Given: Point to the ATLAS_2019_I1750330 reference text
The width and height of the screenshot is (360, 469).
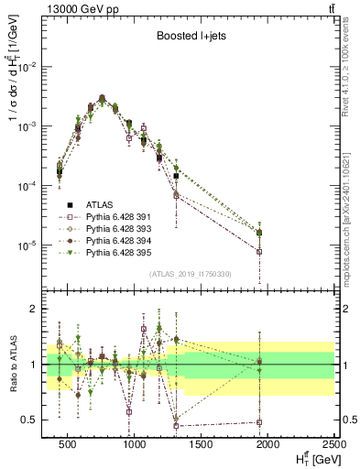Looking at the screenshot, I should point(191,273).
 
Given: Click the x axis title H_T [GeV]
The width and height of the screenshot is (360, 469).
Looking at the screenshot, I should point(309,458).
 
